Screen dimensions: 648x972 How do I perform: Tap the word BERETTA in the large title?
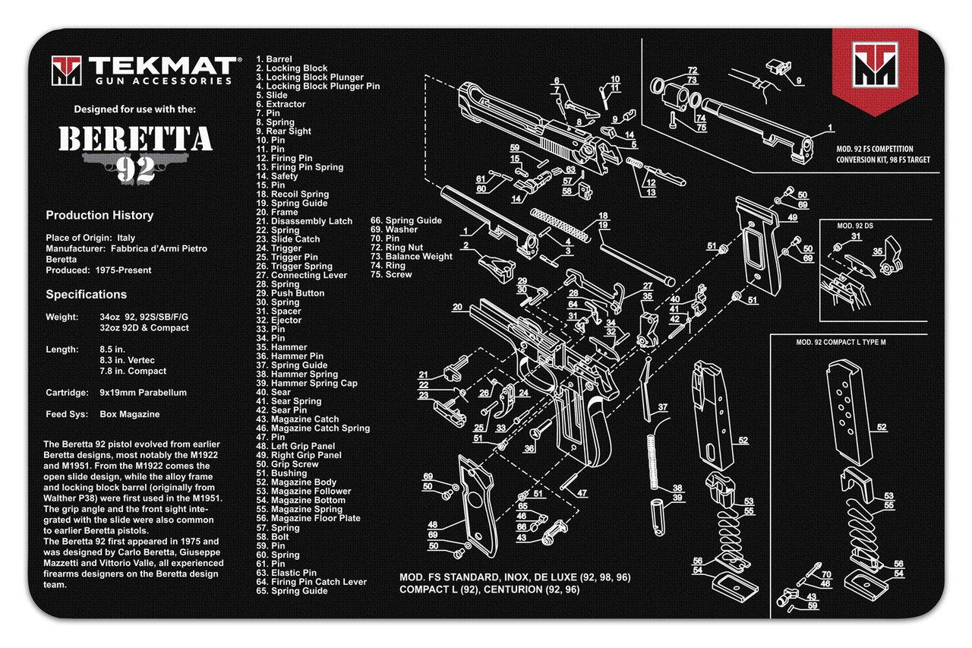click(x=135, y=139)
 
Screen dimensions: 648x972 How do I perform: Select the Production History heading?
click(x=99, y=215)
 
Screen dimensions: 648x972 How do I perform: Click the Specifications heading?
click(x=86, y=294)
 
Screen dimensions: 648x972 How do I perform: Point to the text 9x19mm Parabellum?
click(x=143, y=393)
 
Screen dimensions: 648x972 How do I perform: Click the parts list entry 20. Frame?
click(x=277, y=212)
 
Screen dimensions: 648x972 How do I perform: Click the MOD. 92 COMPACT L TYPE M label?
click(x=841, y=342)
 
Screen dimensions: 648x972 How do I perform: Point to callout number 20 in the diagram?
click(x=457, y=308)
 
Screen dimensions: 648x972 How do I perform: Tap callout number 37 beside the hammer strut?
click(x=662, y=407)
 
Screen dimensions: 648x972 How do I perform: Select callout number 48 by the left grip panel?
click(x=432, y=524)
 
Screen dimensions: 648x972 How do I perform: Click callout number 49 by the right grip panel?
click(x=792, y=217)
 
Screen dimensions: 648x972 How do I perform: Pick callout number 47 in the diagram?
click(x=582, y=493)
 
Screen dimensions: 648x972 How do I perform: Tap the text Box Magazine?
click(x=129, y=415)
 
